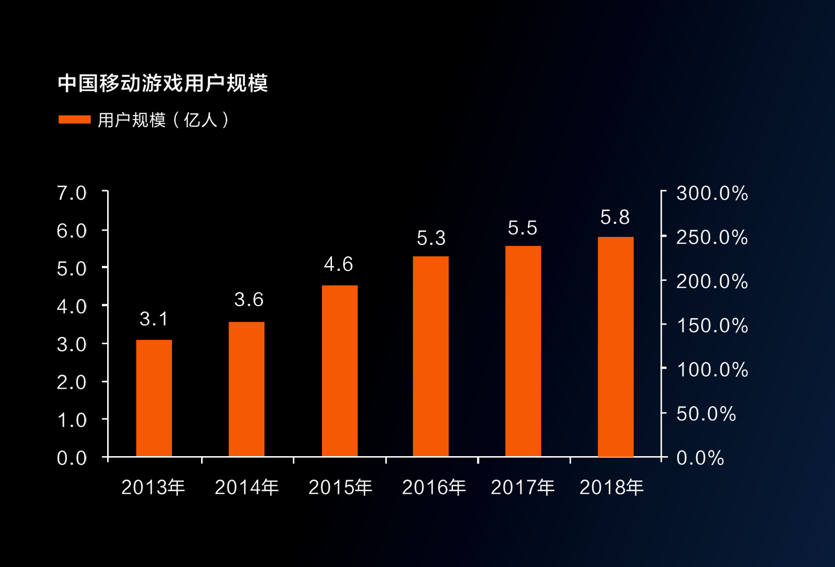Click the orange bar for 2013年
pos(154,398)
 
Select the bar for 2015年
pos(339,371)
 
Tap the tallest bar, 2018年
pos(615,346)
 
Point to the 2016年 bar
pos(431,356)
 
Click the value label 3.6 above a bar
pos(249,300)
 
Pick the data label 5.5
pos(523,228)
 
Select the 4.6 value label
pos(338,264)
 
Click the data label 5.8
pos(615,218)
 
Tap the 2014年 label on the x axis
pos(246,487)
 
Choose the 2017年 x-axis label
pos(523,487)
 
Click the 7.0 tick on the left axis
pos(72,193)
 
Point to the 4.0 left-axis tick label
pos(72,307)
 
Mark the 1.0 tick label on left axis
pos(72,420)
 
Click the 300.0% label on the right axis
pos(712,193)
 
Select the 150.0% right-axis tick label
pos(712,326)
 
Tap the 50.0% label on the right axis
pos(706,414)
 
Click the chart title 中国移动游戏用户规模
pos(163,83)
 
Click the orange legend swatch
pos(74,120)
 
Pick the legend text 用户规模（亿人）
pos(164,120)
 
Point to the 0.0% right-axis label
pos(700,458)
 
